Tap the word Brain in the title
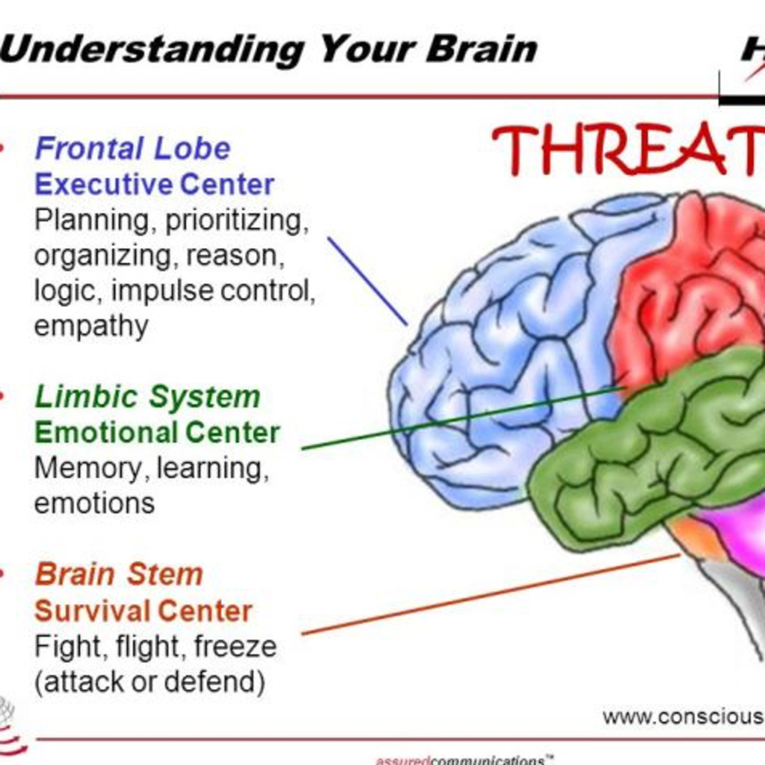[x=481, y=49]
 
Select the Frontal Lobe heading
[x=133, y=148]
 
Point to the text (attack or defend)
[x=150, y=682]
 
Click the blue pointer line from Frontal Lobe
[x=367, y=281]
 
